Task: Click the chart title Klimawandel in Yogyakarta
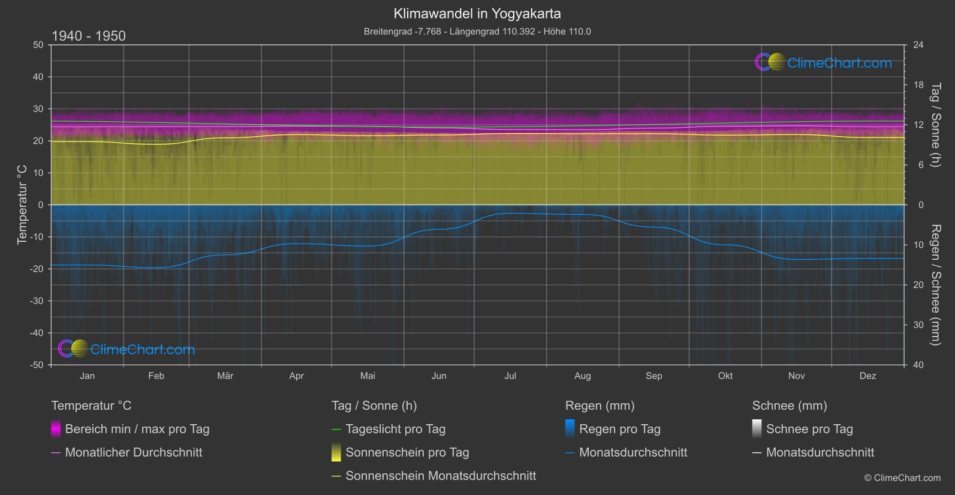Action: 477,13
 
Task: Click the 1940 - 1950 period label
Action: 89,36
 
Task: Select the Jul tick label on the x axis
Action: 510,376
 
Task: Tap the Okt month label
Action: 725,376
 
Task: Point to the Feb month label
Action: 156,376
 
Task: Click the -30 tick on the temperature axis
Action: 37,301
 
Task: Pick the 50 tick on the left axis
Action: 38,45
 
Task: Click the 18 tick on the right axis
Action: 918,85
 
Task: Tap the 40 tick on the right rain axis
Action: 918,365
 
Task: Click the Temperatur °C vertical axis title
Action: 22,205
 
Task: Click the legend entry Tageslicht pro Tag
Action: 396,429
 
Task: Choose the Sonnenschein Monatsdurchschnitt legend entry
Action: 441,476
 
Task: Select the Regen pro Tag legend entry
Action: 620,429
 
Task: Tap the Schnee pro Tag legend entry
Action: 809,429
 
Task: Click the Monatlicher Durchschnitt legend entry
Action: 134,452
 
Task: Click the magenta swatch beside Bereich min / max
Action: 56,429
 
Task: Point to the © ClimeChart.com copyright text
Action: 902,478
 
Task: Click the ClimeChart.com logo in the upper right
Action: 824,62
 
